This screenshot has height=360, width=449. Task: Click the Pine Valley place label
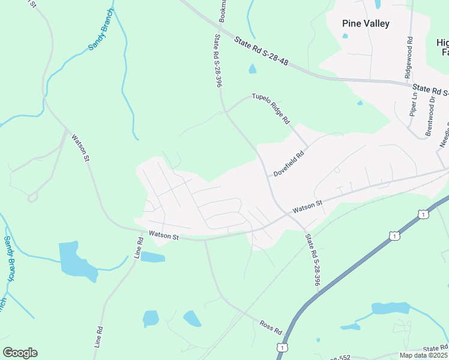click(366, 24)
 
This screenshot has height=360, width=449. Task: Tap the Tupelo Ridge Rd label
click(271, 108)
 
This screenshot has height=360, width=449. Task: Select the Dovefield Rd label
click(289, 163)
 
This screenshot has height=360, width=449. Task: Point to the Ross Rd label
click(271, 327)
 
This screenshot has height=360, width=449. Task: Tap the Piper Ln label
click(414, 104)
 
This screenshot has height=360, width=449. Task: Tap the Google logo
click(20, 353)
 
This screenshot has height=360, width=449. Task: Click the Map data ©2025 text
click(424, 355)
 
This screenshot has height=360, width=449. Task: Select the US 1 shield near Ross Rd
click(282, 347)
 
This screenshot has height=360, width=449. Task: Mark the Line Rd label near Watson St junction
click(139, 248)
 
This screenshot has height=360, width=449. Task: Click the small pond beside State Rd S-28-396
click(252, 69)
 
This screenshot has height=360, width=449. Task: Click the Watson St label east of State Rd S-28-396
click(307, 206)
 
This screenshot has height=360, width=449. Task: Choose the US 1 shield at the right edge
click(424, 214)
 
